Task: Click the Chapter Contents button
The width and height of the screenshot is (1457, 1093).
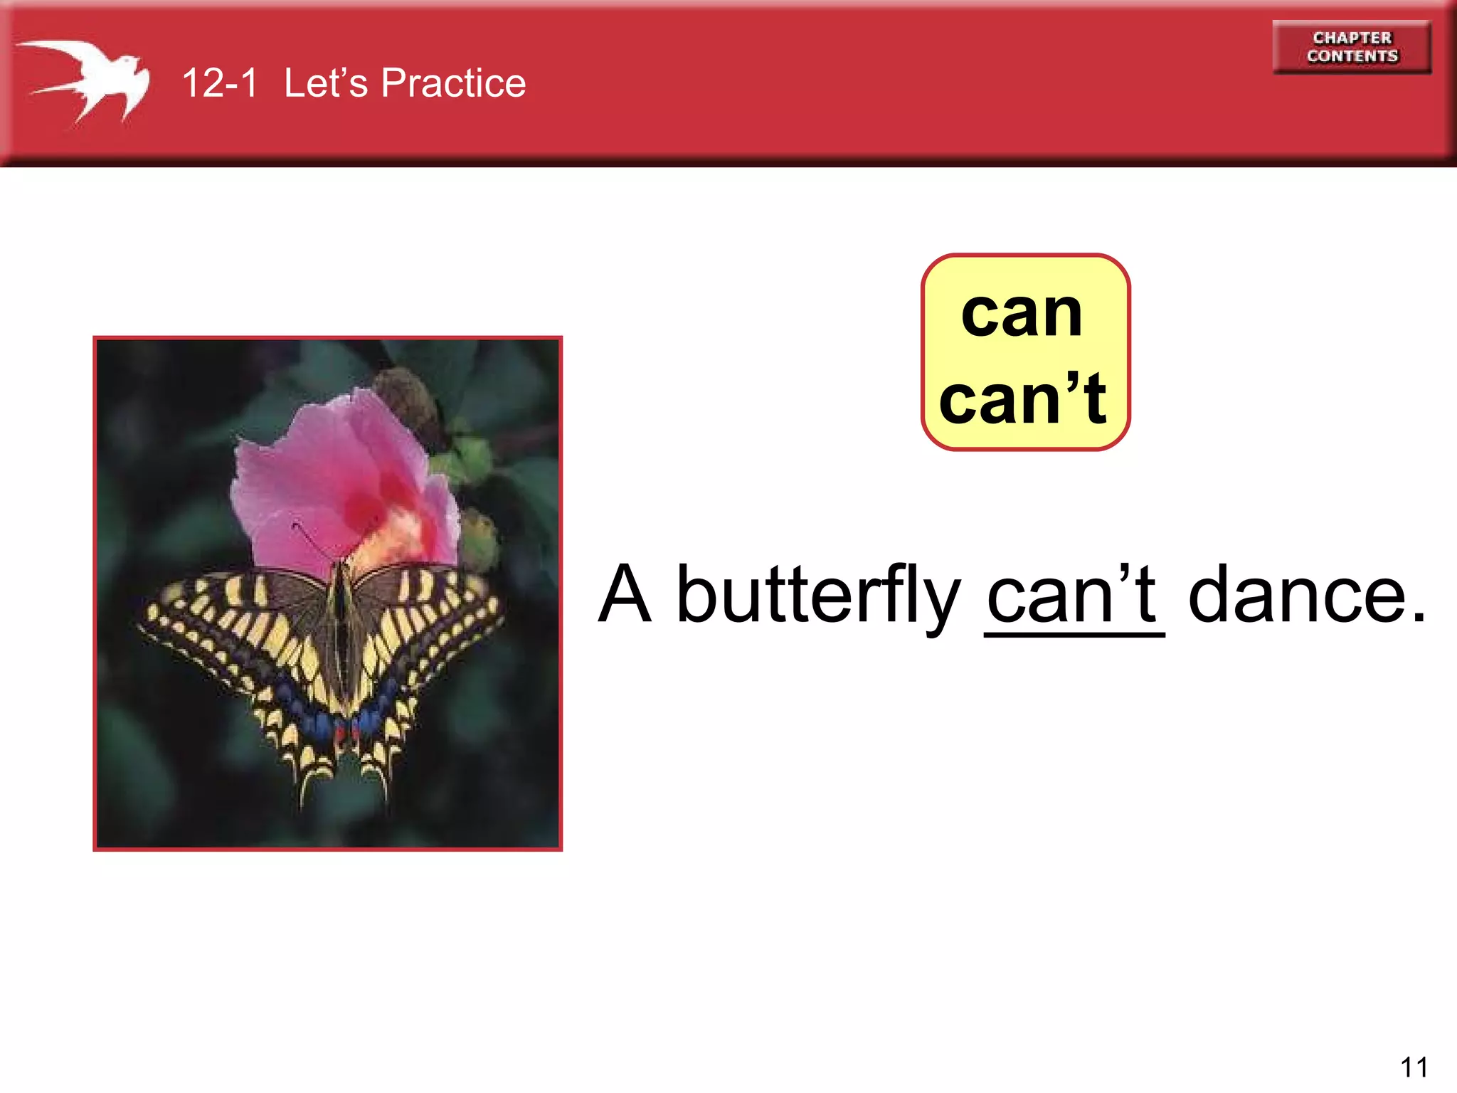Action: (1352, 47)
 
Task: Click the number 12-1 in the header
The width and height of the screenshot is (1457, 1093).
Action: (219, 83)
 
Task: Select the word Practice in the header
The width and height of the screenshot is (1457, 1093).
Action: (453, 83)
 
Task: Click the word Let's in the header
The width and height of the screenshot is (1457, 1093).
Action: (326, 83)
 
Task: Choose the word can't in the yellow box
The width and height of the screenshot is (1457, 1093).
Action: (1023, 400)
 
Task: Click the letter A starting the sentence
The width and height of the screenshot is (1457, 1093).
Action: (625, 594)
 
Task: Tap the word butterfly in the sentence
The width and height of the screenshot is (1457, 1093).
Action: (818, 594)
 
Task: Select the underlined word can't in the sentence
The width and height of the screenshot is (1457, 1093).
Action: (1073, 594)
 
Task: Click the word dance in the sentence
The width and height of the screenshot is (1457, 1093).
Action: (1298, 594)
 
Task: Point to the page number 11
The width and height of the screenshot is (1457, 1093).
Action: (1414, 1067)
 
